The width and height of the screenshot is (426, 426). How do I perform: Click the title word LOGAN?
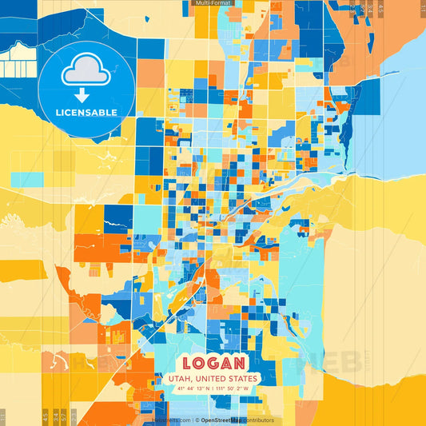[213, 362]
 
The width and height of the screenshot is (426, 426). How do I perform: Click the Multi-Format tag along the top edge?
[213, 4]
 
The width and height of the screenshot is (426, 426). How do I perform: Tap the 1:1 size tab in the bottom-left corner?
[3, 416]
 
